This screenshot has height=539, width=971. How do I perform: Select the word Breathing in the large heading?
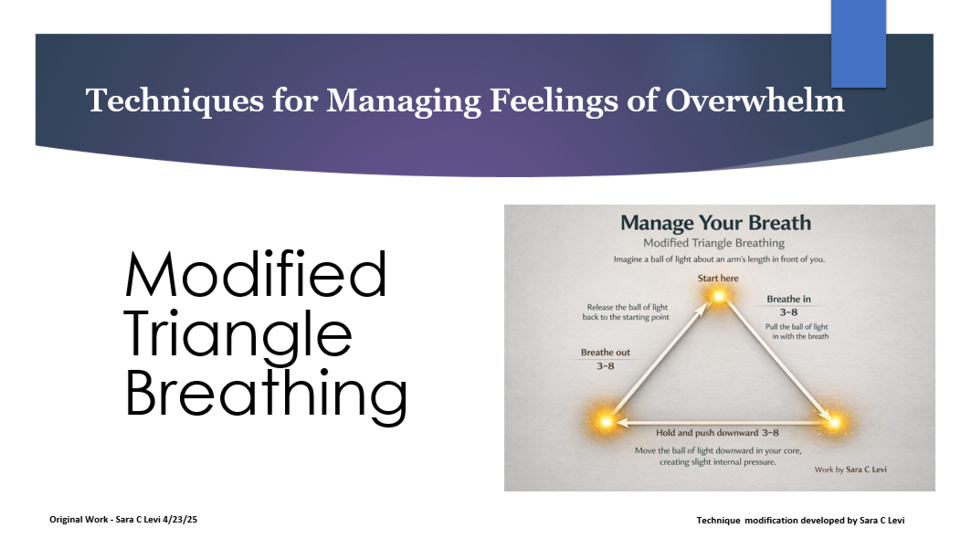265,394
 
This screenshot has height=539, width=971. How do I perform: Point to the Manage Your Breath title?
715,223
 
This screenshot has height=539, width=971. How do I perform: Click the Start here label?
719,277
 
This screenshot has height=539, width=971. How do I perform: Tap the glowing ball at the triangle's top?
718,296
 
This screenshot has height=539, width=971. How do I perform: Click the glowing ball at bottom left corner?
605,422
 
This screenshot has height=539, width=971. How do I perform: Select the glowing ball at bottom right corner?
832,422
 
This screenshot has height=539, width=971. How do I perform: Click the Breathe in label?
788,299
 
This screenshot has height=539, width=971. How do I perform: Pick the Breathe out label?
605,352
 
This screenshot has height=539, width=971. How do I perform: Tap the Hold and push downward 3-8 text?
717,433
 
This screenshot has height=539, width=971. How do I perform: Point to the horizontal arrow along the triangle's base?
718,423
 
